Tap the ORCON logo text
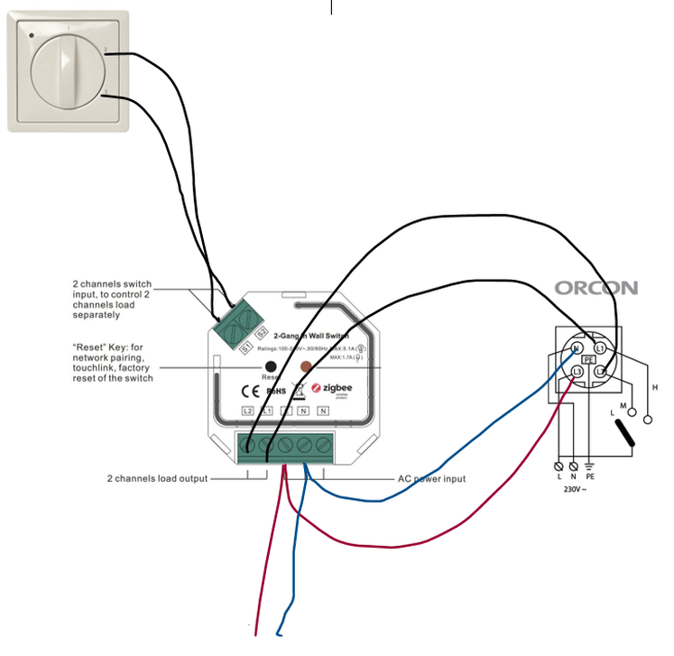[x=596, y=289]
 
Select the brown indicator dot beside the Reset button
[x=305, y=367]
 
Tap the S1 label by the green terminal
[x=245, y=344]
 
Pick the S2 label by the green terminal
[x=261, y=319]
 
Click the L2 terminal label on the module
[x=248, y=411]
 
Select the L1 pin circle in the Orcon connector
[x=600, y=347]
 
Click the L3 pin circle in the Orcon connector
[x=577, y=371]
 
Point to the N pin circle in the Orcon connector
[x=574, y=347]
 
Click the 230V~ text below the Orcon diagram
[x=575, y=490]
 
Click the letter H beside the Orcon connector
[x=654, y=387]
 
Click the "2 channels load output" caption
[x=158, y=478]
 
